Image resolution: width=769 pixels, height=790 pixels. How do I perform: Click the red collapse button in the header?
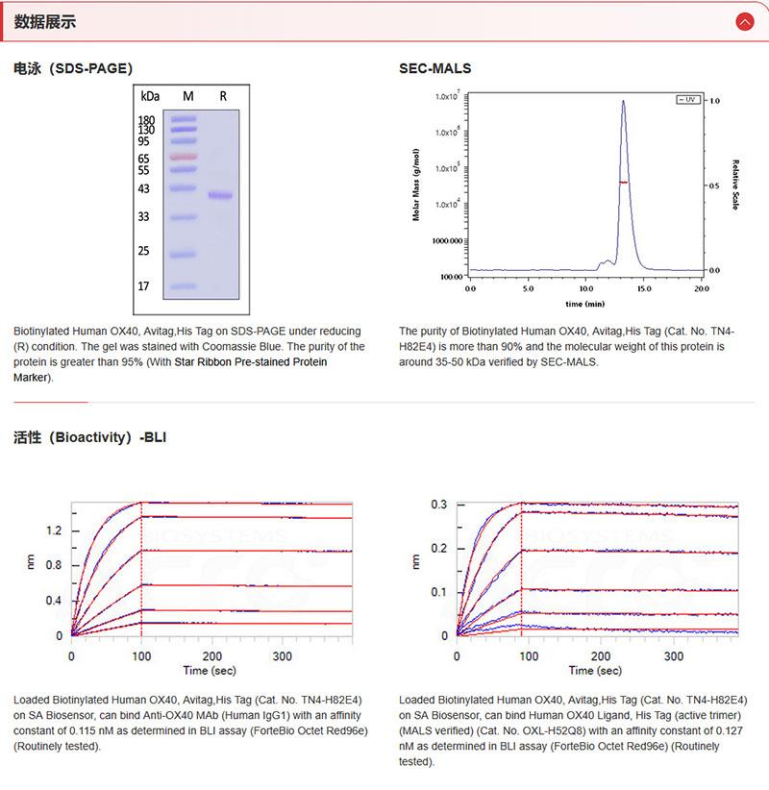tap(743, 21)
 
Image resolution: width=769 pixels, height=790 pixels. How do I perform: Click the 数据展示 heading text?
tap(45, 22)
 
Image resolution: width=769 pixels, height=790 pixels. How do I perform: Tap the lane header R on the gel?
tap(223, 97)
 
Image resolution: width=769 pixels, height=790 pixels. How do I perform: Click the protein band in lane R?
tap(221, 195)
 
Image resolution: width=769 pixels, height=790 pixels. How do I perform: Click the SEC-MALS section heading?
tap(434, 69)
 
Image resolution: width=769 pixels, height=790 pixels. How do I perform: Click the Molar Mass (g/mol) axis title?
tap(417, 185)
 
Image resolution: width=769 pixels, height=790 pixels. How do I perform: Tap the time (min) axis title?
tap(584, 303)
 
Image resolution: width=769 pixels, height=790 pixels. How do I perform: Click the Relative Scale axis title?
tap(735, 185)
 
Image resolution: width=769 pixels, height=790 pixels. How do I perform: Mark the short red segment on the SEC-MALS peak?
tap(623, 182)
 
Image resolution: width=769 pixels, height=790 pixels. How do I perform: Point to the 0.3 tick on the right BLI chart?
tap(438, 505)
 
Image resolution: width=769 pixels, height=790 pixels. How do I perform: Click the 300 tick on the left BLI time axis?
tap(283, 655)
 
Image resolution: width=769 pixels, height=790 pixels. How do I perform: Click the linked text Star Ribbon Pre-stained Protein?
tap(250, 362)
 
